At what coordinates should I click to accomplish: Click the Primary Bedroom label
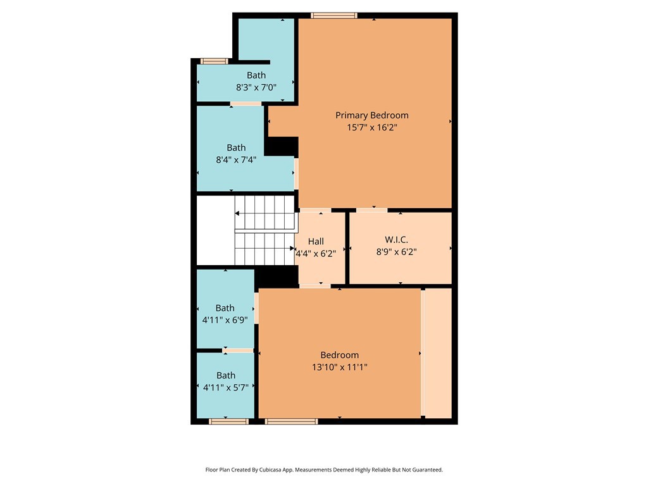click(x=371, y=115)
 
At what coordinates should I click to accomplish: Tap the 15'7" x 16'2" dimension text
click(x=372, y=127)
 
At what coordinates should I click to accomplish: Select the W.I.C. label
click(x=396, y=240)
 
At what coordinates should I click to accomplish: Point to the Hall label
click(x=316, y=241)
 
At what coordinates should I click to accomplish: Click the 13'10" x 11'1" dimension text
click(x=340, y=367)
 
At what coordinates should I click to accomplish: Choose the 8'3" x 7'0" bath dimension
click(x=256, y=87)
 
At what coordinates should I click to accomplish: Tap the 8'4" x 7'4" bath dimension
click(x=236, y=159)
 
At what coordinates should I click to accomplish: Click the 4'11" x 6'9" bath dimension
click(x=225, y=320)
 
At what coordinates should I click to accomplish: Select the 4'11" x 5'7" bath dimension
click(x=226, y=387)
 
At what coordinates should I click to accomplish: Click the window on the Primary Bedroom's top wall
click(x=334, y=16)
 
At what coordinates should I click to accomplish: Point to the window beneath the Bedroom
click(x=291, y=421)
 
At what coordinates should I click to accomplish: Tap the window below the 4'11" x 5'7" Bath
click(x=228, y=421)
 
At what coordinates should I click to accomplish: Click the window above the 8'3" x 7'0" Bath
click(x=214, y=61)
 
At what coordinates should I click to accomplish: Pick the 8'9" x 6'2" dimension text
click(x=396, y=252)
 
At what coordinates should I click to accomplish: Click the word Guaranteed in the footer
click(x=428, y=470)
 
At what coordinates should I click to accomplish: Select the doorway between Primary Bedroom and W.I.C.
click(x=371, y=210)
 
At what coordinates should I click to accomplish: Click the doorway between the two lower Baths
click(x=238, y=351)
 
